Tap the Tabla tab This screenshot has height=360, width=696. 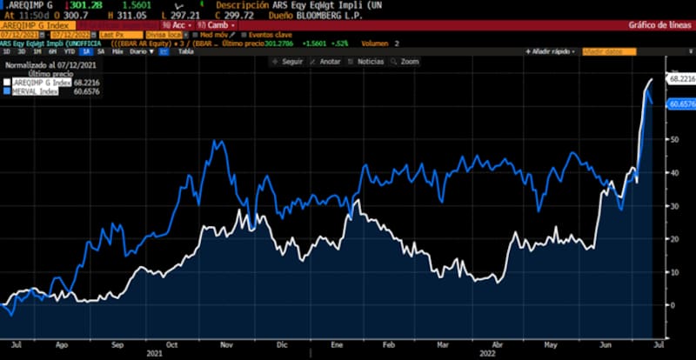(185, 51)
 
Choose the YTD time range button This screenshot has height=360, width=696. (70, 51)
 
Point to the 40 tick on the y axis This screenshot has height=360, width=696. (672, 172)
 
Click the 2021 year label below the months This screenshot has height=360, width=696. (153, 353)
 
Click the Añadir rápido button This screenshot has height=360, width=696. (552, 51)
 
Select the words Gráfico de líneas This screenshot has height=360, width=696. (659, 25)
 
